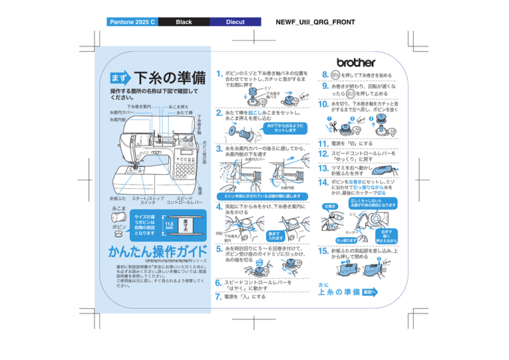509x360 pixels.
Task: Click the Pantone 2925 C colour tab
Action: [x=133, y=22]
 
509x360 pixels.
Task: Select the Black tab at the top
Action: [x=184, y=22]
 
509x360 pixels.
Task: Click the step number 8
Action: [x=325, y=75]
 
